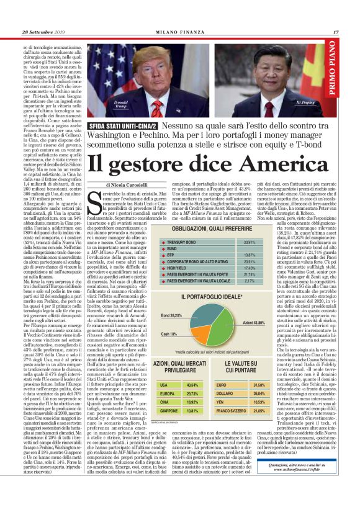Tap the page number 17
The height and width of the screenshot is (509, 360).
point(336,33)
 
